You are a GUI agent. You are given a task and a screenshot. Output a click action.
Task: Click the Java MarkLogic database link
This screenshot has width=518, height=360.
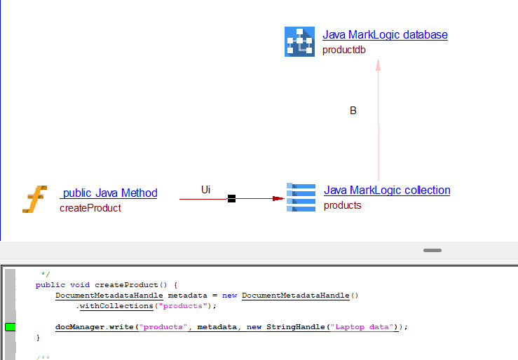(385, 35)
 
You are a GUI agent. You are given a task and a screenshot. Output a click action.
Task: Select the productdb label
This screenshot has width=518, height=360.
(343, 50)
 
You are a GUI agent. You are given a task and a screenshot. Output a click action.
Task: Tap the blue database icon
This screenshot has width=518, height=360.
(299, 41)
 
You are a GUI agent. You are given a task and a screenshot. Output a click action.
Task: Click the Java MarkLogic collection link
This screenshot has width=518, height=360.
(387, 191)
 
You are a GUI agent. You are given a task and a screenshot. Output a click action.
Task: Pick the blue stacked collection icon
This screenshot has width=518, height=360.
(301, 197)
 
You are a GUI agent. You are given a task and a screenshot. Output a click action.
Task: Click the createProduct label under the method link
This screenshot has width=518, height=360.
(90, 208)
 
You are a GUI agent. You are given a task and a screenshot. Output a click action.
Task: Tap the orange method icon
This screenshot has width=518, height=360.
(34, 199)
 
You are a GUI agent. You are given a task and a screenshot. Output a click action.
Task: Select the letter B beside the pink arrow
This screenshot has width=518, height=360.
(353, 111)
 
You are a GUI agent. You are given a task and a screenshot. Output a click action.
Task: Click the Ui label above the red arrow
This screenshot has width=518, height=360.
(205, 190)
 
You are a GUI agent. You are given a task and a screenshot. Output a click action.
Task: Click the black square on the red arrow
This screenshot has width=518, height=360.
(231, 199)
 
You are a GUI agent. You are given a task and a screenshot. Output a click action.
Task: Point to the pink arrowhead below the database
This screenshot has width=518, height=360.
(378, 64)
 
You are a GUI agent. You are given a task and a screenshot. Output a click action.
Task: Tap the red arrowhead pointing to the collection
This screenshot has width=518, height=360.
(278, 199)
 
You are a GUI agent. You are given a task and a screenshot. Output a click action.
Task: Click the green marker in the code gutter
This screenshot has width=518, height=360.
(10, 327)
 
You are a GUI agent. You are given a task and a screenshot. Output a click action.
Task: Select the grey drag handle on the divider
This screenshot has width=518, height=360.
(432, 250)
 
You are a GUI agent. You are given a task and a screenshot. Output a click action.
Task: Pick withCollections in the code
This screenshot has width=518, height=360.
(116, 306)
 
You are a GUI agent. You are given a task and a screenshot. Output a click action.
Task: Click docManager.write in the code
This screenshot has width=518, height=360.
(96, 327)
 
